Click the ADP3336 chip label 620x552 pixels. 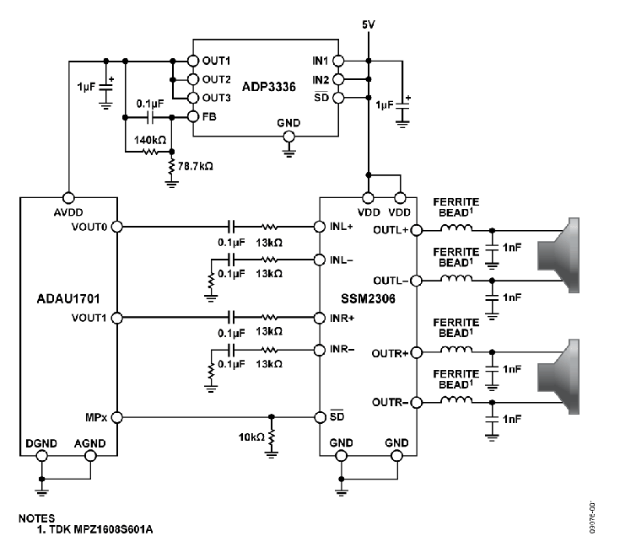[268, 87]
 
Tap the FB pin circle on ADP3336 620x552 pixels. [192, 116]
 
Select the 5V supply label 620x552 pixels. [368, 24]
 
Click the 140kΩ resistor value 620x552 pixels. [150, 140]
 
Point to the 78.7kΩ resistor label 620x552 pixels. [196, 166]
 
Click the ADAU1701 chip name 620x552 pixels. [68, 298]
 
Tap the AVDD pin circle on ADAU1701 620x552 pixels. [68, 197]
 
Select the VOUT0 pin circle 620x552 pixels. [117, 227]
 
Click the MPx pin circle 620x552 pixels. [117, 417]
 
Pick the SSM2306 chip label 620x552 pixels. [368, 298]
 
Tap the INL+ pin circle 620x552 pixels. [320, 227]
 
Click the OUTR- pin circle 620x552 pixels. [417, 402]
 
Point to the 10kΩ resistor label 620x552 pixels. [251, 437]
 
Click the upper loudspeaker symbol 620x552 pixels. [558, 255]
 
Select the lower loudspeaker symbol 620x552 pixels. [558, 377]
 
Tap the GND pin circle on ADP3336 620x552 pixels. [289, 137]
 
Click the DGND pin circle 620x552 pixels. [41, 456]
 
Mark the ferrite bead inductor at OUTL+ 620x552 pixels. [456, 228]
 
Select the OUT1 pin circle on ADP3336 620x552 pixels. [192, 61]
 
